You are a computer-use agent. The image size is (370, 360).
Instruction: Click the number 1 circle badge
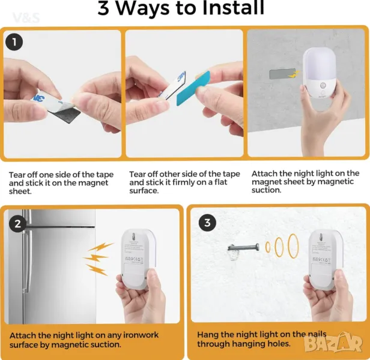click(14, 42)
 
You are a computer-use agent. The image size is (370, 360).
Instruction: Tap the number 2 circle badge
click(17, 223)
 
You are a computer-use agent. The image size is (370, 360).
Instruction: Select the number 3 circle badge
click(207, 223)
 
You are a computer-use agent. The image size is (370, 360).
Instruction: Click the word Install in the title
click(233, 8)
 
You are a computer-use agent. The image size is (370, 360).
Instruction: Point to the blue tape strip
click(193, 88)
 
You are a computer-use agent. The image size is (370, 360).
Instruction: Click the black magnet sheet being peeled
click(64, 114)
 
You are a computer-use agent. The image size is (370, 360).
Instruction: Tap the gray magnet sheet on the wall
click(282, 74)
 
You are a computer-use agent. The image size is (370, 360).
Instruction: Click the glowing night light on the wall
click(319, 73)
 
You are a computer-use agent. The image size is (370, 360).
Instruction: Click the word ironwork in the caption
click(141, 335)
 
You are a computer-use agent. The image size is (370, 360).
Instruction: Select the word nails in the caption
click(317, 334)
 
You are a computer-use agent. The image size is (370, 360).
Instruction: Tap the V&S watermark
click(26, 18)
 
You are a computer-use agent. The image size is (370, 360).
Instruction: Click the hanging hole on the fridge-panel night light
click(133, 236)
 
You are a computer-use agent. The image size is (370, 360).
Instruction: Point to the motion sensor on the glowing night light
click(323, 85)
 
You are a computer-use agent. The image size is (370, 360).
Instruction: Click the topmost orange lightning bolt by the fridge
click(100, 247)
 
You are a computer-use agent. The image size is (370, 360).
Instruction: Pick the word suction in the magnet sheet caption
click(267, 190)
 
